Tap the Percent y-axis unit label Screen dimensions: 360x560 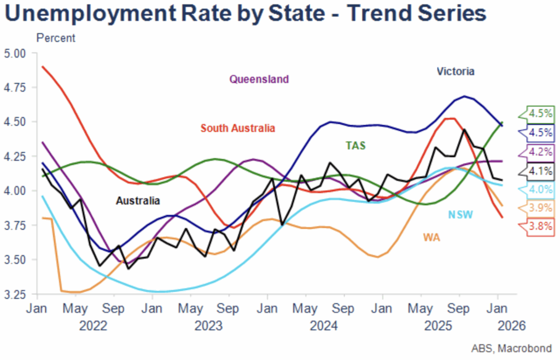tap(56, 38)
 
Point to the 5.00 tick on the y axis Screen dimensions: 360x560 tap(15, 54)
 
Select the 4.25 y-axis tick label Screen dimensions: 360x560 tap(15, 156)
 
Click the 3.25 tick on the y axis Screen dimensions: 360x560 tap(15, 294)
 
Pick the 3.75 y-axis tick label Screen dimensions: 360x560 tap(15, 225)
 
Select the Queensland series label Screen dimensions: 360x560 tap(259, 79)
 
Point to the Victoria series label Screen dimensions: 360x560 tap(456, 71)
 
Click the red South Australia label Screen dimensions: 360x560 tap(237, 129)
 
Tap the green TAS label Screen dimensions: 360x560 tap(355, 146)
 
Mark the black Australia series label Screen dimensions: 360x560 tap(138, 201)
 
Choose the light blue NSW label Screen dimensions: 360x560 tap(461, 214)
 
